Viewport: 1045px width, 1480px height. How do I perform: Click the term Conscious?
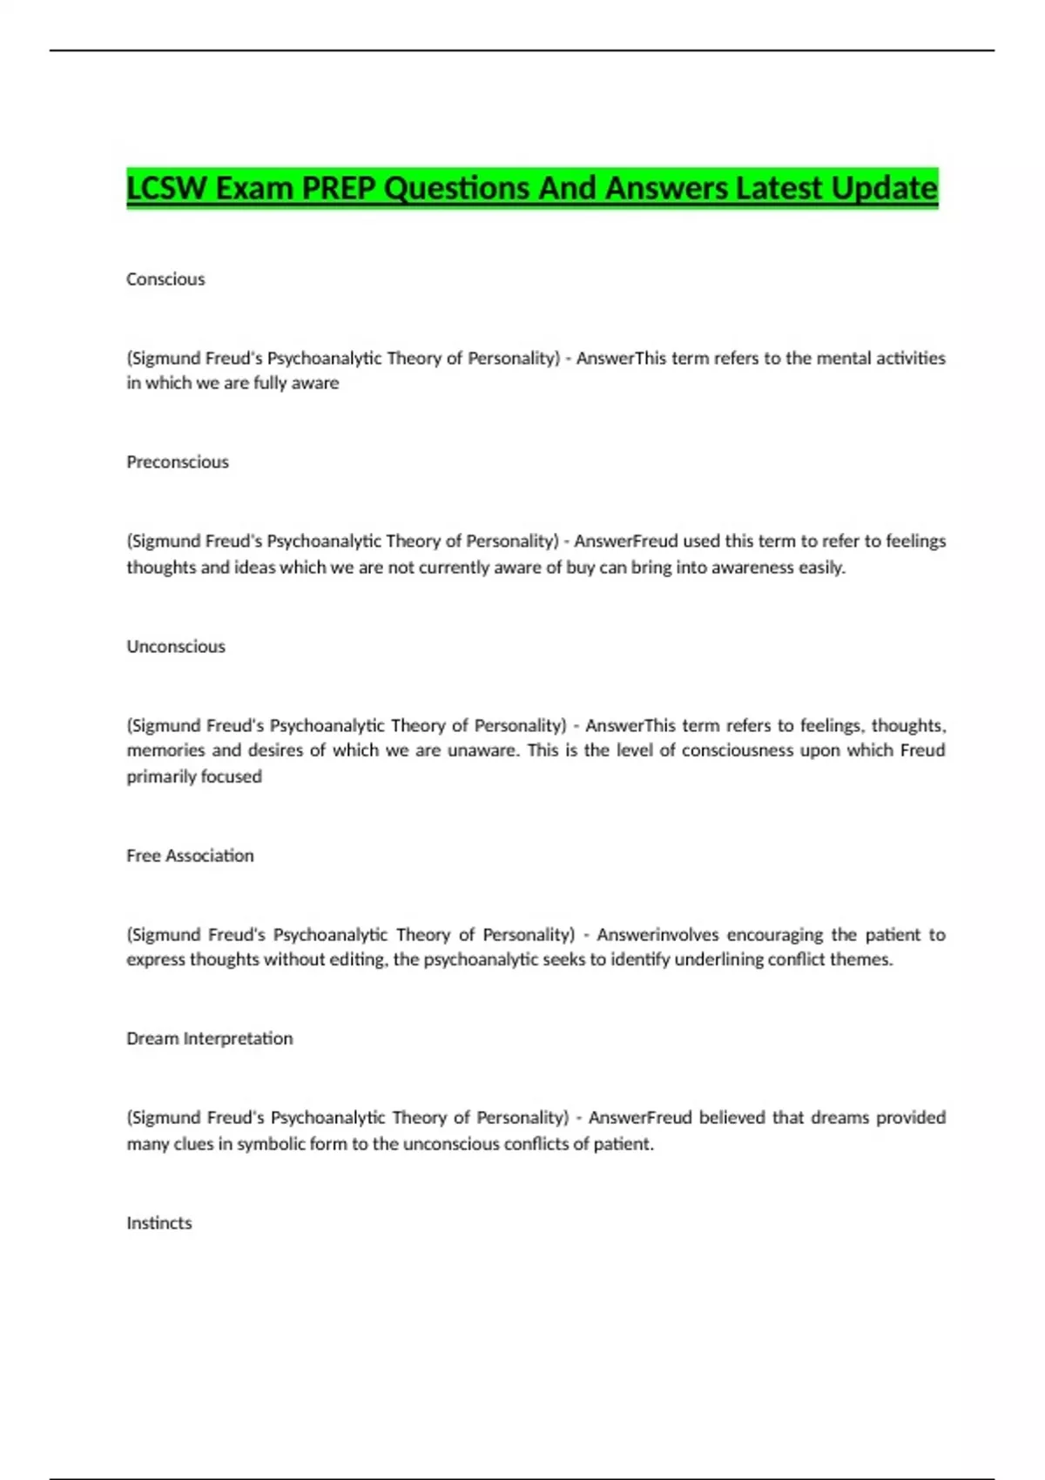point(165,279)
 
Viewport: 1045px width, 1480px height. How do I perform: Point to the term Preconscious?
point(178,462)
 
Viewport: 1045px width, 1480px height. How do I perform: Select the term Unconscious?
point(176,647)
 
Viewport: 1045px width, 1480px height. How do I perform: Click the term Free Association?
point(190,856)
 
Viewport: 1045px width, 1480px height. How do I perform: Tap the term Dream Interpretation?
point(209,1039)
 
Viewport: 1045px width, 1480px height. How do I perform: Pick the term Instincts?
point(158,1223)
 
